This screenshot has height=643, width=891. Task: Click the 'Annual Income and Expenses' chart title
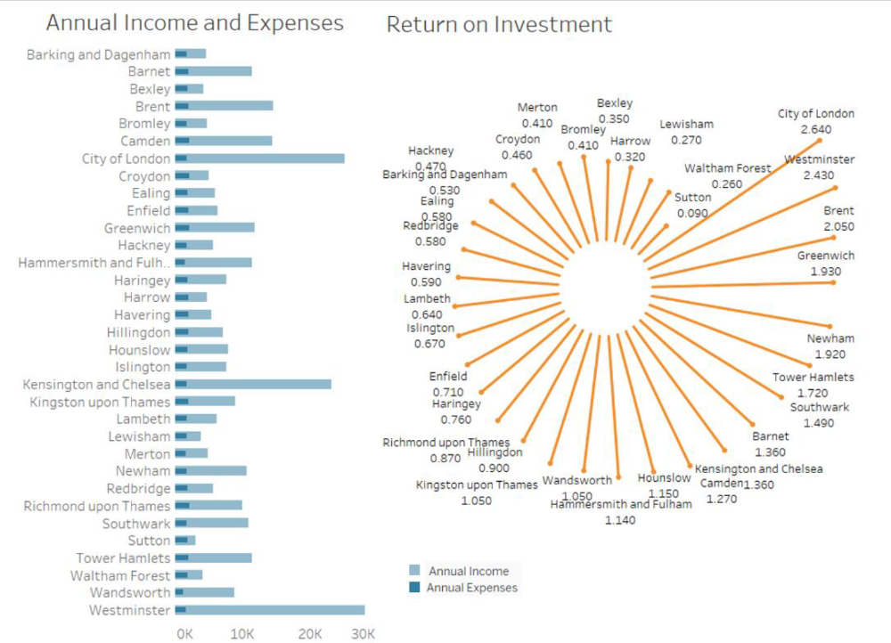point(194,22)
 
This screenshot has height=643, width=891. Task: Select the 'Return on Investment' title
point(499,25)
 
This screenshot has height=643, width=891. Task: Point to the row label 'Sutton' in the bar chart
point(148,541)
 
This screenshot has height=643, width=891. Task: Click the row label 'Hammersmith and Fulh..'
point(94,263)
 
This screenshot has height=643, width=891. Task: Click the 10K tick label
point(242,634)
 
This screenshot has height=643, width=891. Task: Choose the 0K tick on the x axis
point(184,634)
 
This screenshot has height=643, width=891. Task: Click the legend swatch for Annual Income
point(414,571)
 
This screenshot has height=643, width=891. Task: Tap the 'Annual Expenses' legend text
point(471,588)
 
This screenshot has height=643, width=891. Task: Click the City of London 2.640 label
point(816,121)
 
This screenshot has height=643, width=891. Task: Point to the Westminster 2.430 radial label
point(819,167)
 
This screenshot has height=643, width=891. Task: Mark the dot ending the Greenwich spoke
point(833,282)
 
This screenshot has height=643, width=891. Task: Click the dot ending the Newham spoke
point(830,326)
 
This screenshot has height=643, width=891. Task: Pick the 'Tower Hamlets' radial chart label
point(813,377)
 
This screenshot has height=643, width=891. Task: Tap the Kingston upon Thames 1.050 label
point(477,492)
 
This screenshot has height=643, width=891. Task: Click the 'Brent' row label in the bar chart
point(152,106)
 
